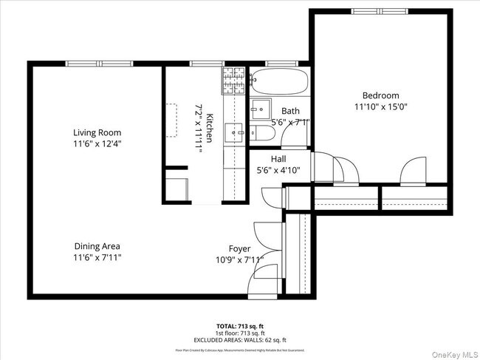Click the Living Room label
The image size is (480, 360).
click(97, 133)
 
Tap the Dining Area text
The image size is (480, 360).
click(97, 246)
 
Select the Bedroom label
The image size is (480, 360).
click(380, 95)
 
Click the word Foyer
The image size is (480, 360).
click(239, 249)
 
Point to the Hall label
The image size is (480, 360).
click(278, 159)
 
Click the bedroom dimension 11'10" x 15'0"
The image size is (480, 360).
click(380, 106)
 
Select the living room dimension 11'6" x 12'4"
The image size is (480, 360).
click(97, 144)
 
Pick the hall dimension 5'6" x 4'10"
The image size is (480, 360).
click(278, 170)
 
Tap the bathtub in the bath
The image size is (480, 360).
click(278, 83)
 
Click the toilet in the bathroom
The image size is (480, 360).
click(262, 134)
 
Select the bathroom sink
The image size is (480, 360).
click(260, 109)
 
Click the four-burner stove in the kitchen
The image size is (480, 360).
click(233, 81)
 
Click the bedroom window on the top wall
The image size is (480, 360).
click(380, 11)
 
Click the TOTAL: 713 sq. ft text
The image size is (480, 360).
click(239, 325)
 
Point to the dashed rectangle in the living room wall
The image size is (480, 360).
click(171, 121)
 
